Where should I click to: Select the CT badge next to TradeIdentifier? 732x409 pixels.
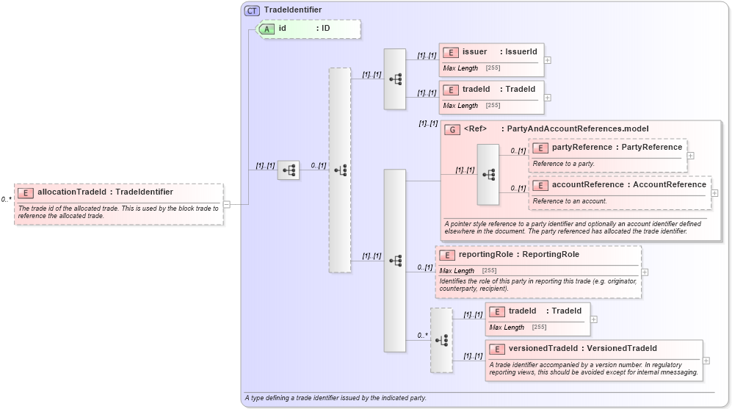252,10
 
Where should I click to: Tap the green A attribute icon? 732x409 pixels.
267,29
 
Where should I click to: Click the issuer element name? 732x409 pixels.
474,52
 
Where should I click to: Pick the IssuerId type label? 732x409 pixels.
520,52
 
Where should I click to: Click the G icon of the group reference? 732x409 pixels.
453,129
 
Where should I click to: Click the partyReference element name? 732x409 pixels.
581,148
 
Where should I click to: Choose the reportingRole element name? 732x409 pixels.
488,255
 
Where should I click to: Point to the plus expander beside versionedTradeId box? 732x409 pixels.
706,361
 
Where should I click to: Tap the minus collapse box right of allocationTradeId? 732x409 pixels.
227,204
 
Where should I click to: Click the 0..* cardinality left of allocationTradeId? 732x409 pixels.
6,199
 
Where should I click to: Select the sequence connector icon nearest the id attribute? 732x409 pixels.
289,170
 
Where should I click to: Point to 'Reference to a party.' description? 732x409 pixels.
564,164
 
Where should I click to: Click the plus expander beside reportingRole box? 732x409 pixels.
645,272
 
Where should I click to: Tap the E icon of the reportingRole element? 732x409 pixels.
447,255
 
